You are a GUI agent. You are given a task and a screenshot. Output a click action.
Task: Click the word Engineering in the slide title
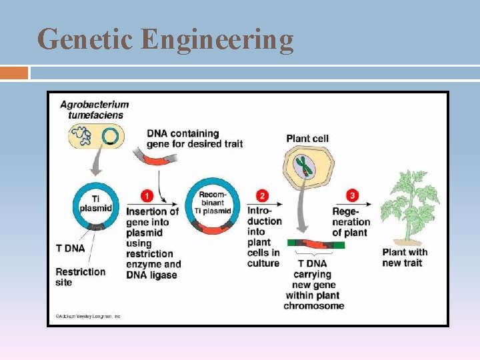(x=217, y=40)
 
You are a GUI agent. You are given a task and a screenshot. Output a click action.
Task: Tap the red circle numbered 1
(x=147, y=196)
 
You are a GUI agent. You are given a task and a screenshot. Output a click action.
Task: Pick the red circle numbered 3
(x=353, y=196)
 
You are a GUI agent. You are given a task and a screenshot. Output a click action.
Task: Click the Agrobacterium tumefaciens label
(x=94, y=109)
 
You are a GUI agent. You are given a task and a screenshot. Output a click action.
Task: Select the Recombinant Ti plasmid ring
(x=213, y=203)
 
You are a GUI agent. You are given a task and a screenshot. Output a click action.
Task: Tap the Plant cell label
(x=307, y=139)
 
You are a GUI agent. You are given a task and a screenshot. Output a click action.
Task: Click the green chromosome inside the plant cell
(x=305, y=166)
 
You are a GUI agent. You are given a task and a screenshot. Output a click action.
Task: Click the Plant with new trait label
(x=405, y=257)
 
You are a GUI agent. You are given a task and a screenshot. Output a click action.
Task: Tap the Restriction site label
(x=80, y=277)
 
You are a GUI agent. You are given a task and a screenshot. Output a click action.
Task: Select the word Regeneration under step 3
(x=351, y=221)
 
